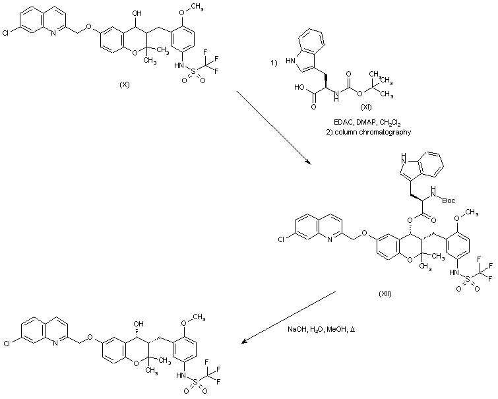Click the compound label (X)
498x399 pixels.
[x=124, y=86]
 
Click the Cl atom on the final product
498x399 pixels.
[x=6, y=344]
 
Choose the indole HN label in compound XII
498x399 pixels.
[x=404, y=159]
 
